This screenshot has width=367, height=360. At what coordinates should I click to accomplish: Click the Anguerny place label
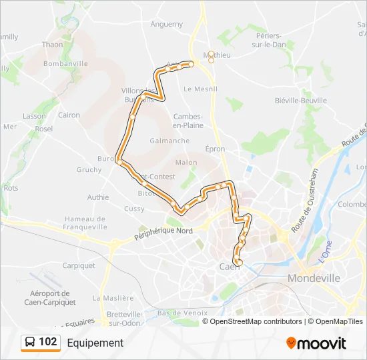(167, 24)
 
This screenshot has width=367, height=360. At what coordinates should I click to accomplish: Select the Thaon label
(52, 45)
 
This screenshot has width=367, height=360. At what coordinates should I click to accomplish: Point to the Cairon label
(69, 115)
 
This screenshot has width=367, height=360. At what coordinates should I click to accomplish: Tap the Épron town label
(215, 149)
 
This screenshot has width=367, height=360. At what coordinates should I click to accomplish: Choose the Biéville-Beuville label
(301, 101)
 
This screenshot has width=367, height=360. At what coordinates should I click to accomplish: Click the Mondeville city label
(314, 277)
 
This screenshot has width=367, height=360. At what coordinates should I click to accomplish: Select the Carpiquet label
(79, 265)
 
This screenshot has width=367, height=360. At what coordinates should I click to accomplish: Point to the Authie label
(98, 197)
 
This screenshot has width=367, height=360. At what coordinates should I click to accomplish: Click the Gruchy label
(89, 170)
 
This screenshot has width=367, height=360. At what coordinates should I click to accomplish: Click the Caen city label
(230, 267)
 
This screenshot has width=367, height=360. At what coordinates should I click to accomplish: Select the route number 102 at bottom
(47, 342)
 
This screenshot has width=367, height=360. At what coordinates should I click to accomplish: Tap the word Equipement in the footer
(95, 343)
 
